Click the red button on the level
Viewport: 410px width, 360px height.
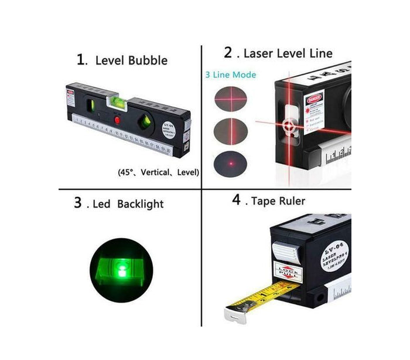pos(117,120)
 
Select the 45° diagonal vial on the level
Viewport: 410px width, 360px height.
pos(144,123)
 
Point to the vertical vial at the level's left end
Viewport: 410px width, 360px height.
pos(91,106)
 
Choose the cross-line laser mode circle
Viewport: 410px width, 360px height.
pos(230,100)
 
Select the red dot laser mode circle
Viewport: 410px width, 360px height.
pos(230,162)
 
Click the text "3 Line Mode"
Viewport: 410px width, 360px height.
pos(230,75)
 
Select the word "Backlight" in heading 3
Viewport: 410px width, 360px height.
pos(140,204)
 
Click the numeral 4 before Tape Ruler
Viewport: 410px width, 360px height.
pos(236,200)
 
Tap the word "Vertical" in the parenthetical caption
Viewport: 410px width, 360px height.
pos(156,172)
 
